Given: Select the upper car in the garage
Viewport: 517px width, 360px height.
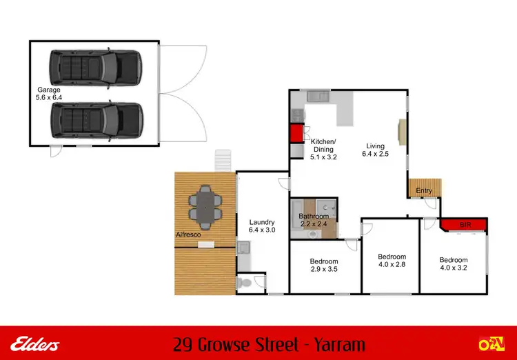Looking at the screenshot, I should [95, 67].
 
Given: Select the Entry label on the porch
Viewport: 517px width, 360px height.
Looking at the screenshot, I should [425, 191].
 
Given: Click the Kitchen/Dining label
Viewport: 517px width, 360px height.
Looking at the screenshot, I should [323, 145].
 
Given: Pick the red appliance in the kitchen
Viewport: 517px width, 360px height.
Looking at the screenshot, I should [296, 134].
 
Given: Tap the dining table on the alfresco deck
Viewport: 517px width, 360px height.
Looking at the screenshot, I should [206, 207].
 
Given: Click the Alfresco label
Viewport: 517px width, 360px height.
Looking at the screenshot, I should [189, 235].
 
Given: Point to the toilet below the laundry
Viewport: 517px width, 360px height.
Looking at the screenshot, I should [244, 283].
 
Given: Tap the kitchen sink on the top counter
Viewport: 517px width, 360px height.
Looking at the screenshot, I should [318, 97].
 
